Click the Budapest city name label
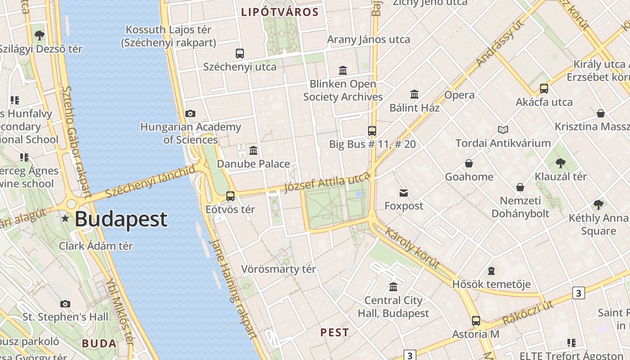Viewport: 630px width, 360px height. (121, 219)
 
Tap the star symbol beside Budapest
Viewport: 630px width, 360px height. (65, 219)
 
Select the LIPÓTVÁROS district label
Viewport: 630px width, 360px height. (279, 12)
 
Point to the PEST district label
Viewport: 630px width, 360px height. (334, 333)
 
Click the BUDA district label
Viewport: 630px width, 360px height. (99, 344)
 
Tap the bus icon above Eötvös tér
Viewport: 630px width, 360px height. (230, 196)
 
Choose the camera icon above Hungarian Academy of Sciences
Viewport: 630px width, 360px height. (190, 113)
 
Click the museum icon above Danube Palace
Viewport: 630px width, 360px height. (253, 150)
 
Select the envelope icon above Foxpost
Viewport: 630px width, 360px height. (404, 193)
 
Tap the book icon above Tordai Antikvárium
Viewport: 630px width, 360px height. (503, 130)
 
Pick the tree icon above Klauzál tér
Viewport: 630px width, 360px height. (560, 163)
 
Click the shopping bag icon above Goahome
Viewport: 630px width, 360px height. (469, 163)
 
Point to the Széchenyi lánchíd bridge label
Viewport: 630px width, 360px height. (151, 181)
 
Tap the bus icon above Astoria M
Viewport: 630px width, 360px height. (476, 321)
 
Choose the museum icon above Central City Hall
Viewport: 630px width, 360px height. (393, 287)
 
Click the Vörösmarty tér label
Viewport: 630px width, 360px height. (279, 269)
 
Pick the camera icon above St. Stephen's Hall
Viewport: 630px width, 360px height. (65, 304)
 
